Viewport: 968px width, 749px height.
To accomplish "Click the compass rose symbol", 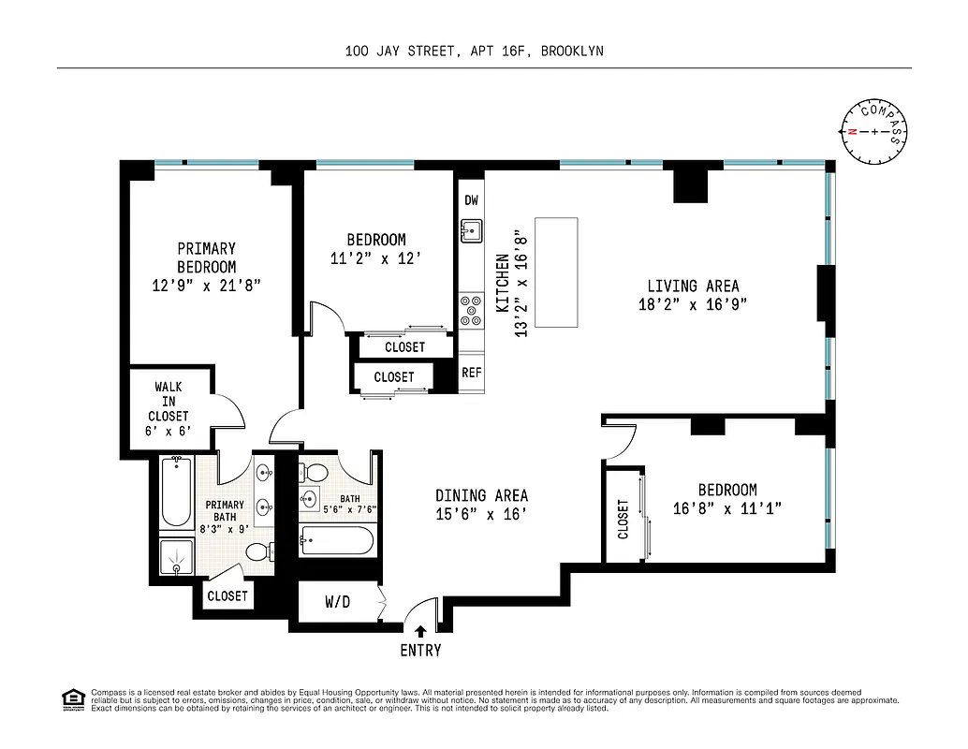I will click(874, 132).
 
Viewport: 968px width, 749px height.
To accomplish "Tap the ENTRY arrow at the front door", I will click(420, 632).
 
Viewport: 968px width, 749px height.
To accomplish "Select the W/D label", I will click(337, 602).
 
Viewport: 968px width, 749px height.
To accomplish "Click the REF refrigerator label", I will click(471, 373).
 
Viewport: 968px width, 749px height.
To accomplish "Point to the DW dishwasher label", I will click(471, 200).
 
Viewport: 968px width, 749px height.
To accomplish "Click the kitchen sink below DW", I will click(471, 229).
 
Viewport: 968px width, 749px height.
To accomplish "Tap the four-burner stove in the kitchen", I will click(470, 308).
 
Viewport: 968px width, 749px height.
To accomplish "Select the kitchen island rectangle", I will click(556, 272).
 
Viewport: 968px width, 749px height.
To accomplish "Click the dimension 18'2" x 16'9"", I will click(693, 304).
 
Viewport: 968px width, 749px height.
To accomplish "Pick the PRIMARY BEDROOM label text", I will click(206, 257).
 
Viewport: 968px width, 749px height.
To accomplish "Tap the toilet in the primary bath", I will click(257, 553).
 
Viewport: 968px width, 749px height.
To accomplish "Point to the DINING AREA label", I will click(481, 495).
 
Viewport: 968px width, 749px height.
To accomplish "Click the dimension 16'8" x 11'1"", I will click(727, 508).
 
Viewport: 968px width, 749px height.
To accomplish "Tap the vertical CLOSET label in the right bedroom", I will click(623, 519).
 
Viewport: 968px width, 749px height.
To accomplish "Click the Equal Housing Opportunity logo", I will click(72, 699).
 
